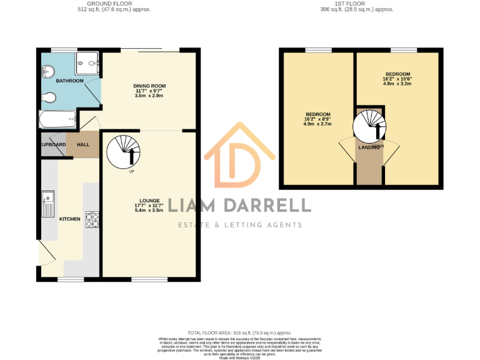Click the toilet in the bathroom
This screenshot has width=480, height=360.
50,97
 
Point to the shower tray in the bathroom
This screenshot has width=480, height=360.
87,60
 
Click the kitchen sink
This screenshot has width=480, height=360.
48,204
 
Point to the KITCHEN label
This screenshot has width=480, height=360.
69,219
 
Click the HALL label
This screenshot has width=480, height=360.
83,144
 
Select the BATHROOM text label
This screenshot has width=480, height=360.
69,81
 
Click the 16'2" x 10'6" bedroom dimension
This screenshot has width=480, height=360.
397,79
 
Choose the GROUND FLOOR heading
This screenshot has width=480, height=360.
114,4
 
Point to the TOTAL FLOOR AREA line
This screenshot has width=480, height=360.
240,333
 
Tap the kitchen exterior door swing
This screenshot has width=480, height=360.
45,253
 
